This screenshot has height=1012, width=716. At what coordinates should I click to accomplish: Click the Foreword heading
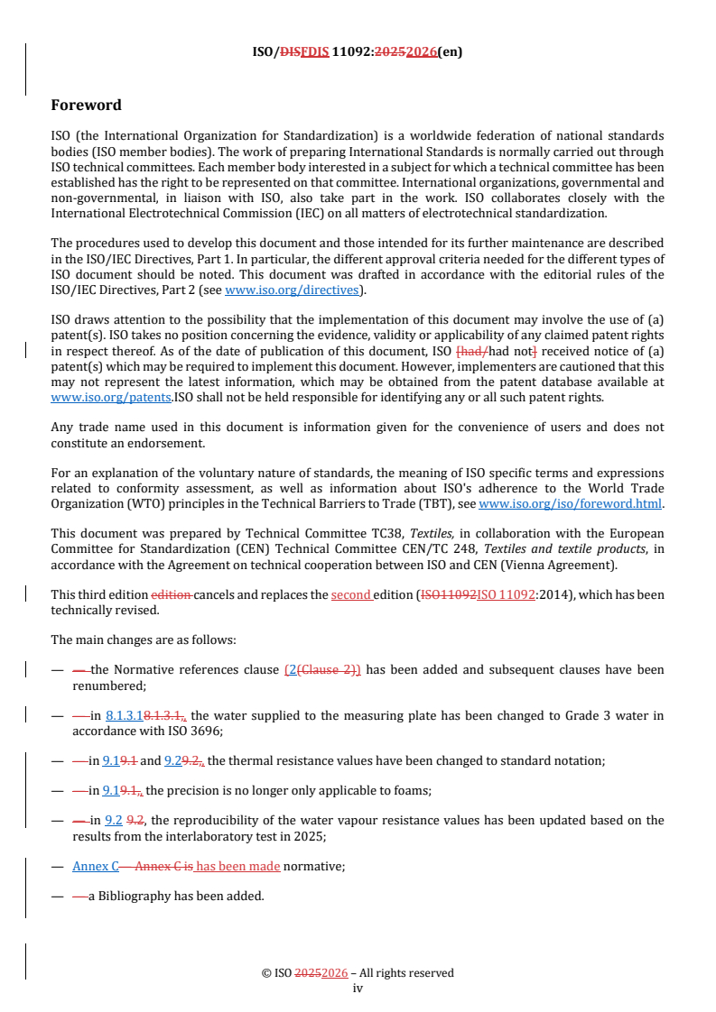point(86,105)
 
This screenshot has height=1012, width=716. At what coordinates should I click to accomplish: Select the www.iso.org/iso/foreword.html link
point(570,503)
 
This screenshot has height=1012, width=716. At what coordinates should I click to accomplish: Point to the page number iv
point(358,988)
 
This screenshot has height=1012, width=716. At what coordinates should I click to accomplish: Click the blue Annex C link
point(96,866)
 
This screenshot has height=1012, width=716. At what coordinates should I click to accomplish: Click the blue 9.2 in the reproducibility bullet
point(114,821)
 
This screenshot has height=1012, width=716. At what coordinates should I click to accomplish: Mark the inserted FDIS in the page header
point(312,51)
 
